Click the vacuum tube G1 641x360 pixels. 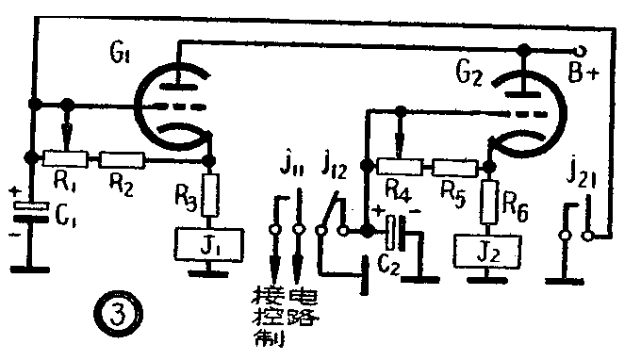click(172, 106)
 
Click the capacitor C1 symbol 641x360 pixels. click(32, 212)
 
